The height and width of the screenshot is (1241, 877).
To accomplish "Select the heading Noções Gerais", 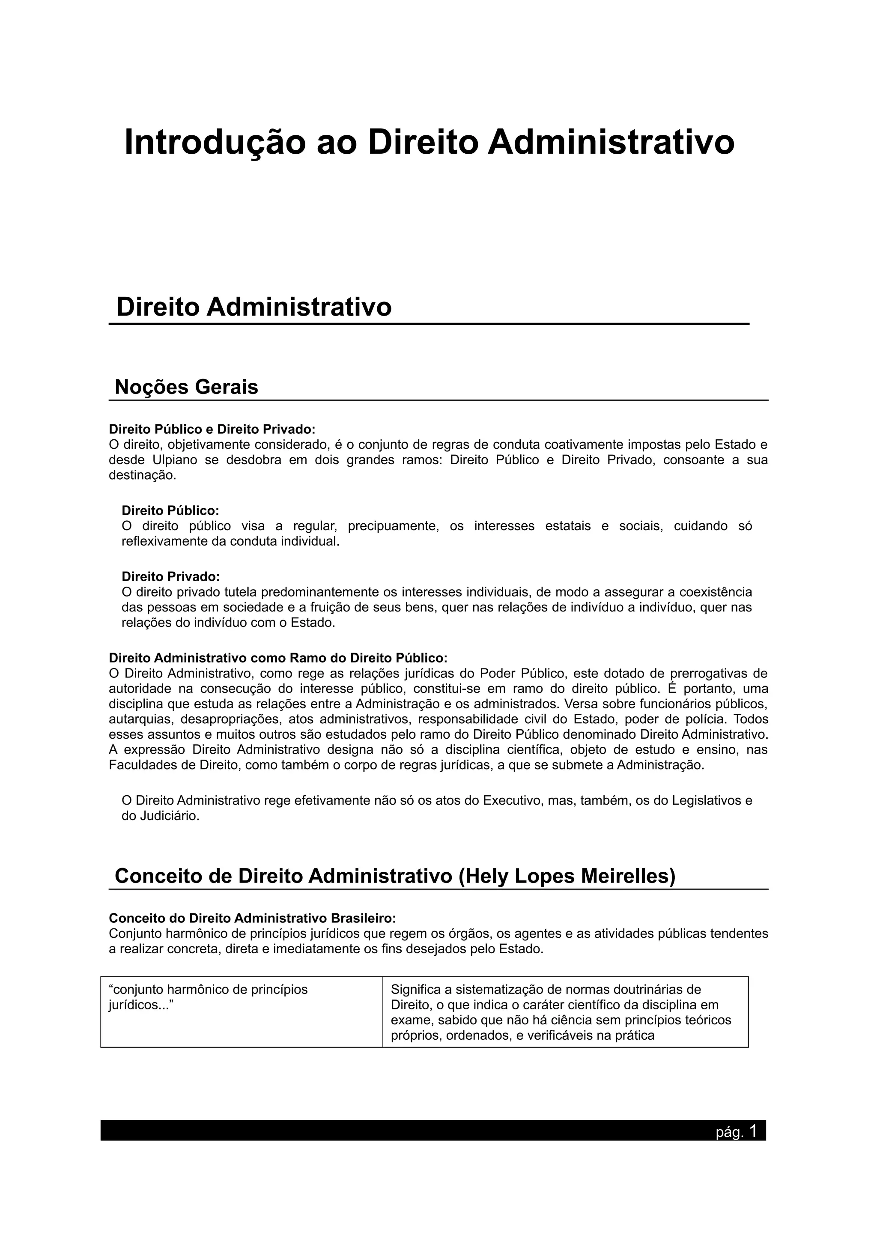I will pyautogui.click(x=186, y=387).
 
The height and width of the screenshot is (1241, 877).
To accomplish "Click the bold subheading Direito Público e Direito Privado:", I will pyautogui.click(x=212, y=429).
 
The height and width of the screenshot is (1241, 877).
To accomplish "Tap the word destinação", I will pyautogui.click(x=142, y=476).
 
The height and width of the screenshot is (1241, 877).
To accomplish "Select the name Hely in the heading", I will pyautogui.click(x=491, y=876).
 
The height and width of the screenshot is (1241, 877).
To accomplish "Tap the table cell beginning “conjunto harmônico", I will pyautogui.click(x=241, y=1011).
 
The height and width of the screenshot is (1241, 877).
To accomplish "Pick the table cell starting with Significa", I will pyautogui.click(x=565, y=1011).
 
